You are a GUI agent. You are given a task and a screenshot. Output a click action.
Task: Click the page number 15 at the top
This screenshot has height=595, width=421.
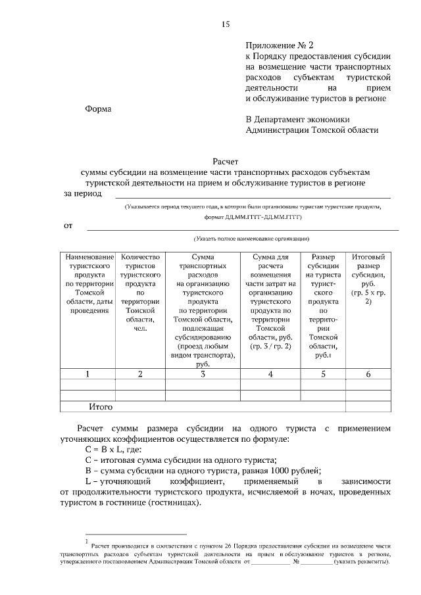[225, 24]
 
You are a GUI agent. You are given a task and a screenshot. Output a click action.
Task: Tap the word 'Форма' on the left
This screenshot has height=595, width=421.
[99, 109]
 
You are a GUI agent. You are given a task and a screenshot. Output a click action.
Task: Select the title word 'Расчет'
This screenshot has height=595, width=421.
[226, 160]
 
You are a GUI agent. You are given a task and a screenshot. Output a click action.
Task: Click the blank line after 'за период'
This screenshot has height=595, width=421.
[253, 196]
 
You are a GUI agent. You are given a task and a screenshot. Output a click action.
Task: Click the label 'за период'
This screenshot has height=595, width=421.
[84, 194]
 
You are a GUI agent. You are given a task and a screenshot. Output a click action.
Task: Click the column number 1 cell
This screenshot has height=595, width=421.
[88, 374]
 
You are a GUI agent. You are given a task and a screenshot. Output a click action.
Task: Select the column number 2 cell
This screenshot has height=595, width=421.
[140, 374]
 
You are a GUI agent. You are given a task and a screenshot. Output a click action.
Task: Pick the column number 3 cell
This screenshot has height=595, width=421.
[203, 374]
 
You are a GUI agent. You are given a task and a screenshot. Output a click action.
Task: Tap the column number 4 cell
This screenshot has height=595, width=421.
[270, 374]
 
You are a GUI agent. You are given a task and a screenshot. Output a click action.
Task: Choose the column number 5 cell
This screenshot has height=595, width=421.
[323, 374]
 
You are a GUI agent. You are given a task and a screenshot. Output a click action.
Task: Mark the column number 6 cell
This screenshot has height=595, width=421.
[368, 374]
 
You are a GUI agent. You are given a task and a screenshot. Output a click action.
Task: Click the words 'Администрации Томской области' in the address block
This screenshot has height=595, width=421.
[312, 130]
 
